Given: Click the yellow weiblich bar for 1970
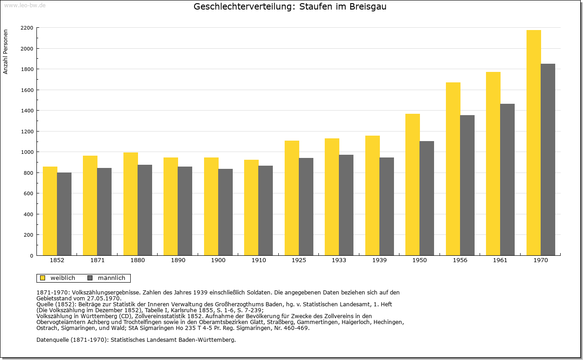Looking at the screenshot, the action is pyautogui.click(x=533, y=142).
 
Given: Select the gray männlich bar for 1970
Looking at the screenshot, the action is pyautogui.click(x=548, y=159).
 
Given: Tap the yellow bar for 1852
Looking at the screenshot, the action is pyautogui.click(x=50, y=211).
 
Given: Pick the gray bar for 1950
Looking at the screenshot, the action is pyautogui.click(x=427, y=198).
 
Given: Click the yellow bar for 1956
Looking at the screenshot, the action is pyautogui.click(x=453, y=169).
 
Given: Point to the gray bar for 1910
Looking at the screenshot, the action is pyautogui.click(x=266, y=210).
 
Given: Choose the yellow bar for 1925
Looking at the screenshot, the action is pyautogui.click(x=292, y=198).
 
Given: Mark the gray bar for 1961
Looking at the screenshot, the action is pyautogui.click(x=507, y=179).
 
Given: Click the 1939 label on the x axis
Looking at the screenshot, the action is pyautogui.click(x=379, y=260).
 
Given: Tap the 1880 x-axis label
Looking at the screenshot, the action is pyautogui.click(x=138, y=260).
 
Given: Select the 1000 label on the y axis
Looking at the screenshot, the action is pyautogui.click(x=27, y=152).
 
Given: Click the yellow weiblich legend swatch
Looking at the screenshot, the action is pyautogui.click(x=42, y=278).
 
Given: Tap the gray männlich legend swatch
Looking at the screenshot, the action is pyautogui.click(x=90, y=278).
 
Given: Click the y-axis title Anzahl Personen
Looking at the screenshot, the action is pyautogui.click(x=5, y=52).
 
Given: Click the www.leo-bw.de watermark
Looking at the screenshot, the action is pyautogui.click(x=25, y=5).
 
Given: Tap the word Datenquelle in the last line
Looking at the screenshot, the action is pyautogui.click(x=52, y=340).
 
